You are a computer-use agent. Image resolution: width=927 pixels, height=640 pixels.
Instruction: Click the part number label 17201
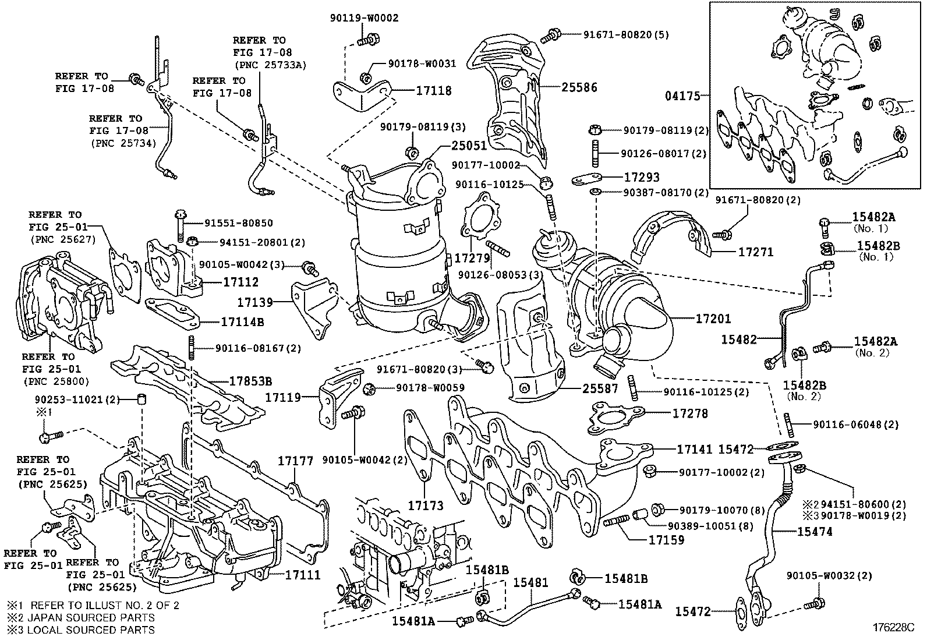[713, 319]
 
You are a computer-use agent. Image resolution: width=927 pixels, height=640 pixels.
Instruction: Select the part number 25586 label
[579, 88]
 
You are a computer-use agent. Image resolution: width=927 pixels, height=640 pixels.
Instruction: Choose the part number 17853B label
[251, 381]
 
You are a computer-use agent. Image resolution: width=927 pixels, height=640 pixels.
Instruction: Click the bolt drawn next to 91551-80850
[179, 222]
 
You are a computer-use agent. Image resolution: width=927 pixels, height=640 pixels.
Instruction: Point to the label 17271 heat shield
[755, 252]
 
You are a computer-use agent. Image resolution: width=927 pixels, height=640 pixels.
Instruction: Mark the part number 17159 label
[666, 540]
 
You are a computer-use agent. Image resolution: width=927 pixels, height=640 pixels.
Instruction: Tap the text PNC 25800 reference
[56, 382]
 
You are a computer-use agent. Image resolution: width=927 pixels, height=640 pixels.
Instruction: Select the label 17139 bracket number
[255, 302]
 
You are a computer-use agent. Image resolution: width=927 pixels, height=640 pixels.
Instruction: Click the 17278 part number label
[690, 413]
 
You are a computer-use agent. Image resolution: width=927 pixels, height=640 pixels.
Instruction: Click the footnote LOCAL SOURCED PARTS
[92, 630]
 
